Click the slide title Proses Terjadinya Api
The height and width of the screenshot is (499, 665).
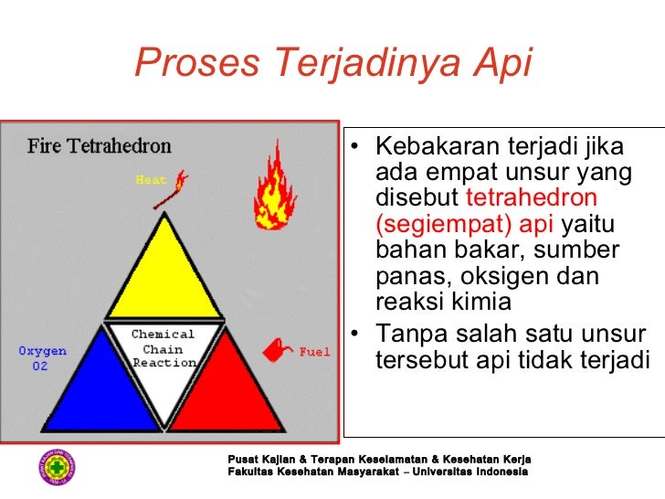tap(332, 63)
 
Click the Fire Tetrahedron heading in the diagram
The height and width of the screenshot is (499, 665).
tap(99, 145)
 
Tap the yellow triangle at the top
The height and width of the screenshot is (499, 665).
tap(164, 273)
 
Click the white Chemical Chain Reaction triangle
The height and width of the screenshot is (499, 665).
tap(164, 356)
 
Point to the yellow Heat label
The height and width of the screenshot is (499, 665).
tap(151, 180)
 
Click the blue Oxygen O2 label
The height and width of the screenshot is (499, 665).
tap(42, 358)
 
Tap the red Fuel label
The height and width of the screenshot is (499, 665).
tap(314, 352)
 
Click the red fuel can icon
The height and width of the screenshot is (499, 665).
tap(279, 350)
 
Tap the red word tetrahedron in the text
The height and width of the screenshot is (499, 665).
tap(532, 198)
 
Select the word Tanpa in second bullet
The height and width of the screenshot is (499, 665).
tap(407, 334)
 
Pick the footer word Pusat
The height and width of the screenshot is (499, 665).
tap(229, 458)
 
